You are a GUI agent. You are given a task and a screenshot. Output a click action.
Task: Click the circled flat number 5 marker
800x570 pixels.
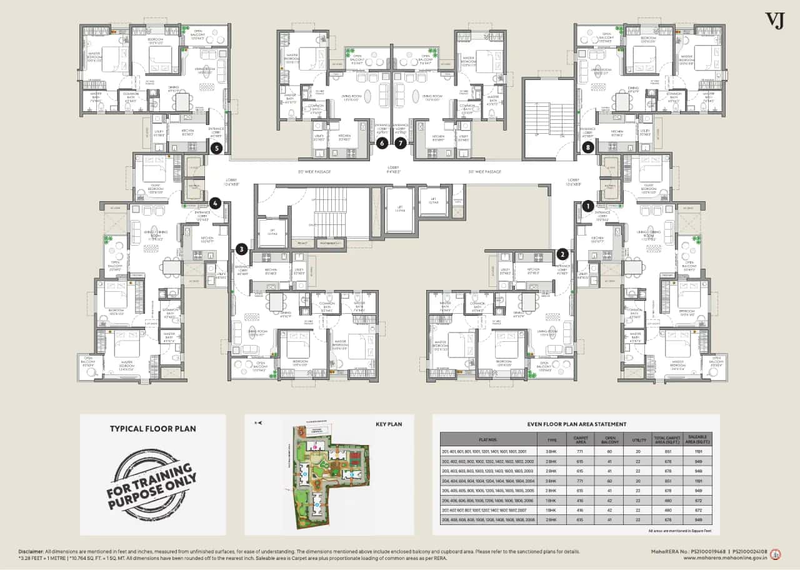[216, 148]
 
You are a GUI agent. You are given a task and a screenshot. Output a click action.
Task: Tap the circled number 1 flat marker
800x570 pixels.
[587, 204]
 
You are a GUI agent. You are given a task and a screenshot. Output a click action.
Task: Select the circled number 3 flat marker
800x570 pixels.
[242, 249]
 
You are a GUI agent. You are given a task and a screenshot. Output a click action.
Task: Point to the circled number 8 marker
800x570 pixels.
[587, 148]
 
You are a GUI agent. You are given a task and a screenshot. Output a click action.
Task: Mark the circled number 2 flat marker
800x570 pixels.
[563, 254]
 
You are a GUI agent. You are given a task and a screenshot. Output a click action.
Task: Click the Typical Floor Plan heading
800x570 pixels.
[152, 429]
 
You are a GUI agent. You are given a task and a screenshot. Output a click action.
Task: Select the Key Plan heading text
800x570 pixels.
[388, 424]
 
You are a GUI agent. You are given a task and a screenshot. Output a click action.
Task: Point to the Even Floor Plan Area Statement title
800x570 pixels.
[576, 424]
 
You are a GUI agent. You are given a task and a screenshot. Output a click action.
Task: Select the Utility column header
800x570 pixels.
[639, 439]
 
